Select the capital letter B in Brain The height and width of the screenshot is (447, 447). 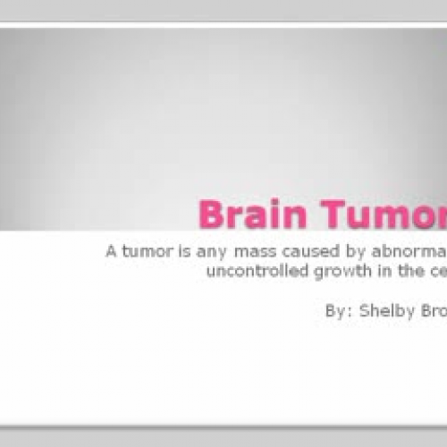211,215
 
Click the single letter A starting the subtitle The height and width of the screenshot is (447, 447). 110,251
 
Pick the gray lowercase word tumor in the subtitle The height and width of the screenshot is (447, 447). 142,251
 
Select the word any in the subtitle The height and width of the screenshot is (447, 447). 203,252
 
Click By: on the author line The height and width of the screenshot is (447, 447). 341,312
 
